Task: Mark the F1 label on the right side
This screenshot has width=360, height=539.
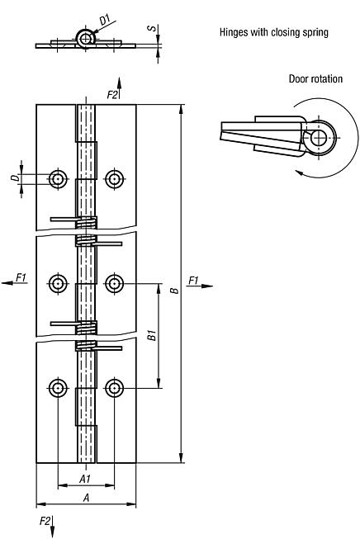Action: pos(193,281)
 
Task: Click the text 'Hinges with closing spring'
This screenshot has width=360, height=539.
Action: pos(273,34)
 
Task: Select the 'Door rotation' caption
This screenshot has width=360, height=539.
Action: pos(315,79)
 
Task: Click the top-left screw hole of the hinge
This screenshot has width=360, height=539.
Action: pos(58,177)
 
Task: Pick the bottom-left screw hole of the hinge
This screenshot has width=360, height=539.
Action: pos(58,387)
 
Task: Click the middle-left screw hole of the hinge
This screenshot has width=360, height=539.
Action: pos(58,283)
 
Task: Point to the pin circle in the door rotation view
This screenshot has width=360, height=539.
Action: pos(320,137)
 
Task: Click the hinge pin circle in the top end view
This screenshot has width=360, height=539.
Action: pos(84,36)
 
